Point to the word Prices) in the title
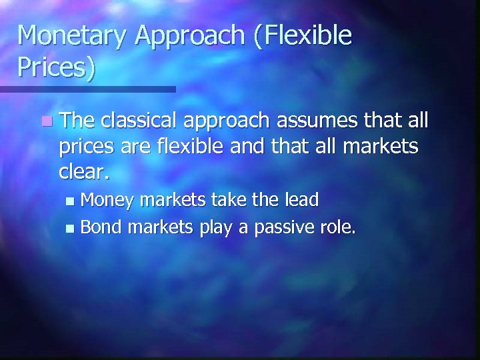click(57, 69)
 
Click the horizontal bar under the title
click(87, 89)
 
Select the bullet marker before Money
click(73, 200)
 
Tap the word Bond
click(101, 228)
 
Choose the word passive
click(285, 228)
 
